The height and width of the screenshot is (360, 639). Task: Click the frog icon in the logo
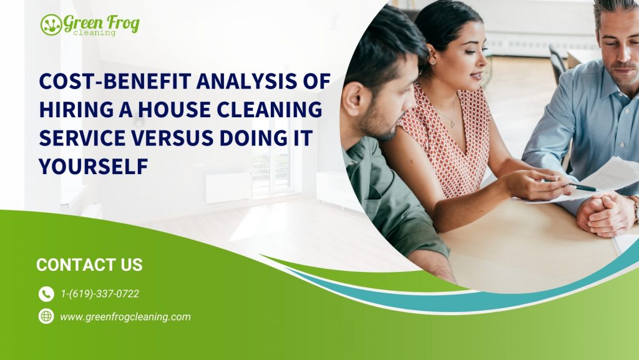click(x=51, y=25)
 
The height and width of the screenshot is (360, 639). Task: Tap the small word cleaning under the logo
click(x=95, y=33)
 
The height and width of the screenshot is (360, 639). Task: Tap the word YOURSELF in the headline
click(x=94, y=167)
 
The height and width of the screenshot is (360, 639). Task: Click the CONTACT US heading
click(x=89, y=265)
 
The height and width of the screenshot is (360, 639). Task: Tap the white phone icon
click(x=46, y=294)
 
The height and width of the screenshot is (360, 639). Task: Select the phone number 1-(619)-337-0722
click(x=100, y=294)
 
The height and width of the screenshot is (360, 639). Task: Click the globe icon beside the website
click(x=46, y=316)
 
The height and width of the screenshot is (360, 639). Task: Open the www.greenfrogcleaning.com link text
click(x=125, y=317)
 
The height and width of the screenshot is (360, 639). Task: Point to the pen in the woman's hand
click(x=583, y=187)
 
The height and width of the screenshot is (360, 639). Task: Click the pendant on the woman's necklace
click(x=452, y=125)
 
